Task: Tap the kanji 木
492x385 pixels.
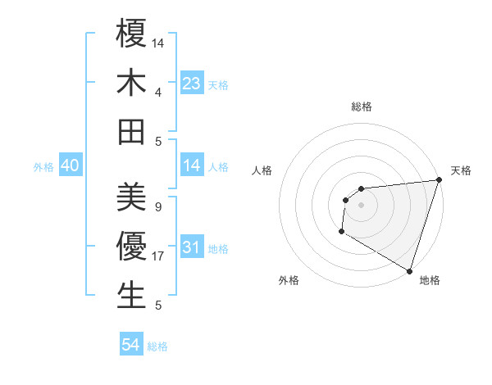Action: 132,84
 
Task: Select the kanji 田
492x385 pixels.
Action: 132,132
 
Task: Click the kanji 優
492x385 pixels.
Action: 132,247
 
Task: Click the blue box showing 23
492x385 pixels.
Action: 192,83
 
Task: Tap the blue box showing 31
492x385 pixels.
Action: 192,247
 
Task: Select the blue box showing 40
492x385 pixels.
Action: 70,165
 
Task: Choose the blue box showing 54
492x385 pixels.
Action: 131,345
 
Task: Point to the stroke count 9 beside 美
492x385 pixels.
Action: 157,207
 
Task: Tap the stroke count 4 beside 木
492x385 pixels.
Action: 157,92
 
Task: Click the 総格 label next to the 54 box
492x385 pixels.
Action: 157,346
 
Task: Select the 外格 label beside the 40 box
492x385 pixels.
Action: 43,167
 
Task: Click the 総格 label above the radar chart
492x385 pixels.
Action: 361,106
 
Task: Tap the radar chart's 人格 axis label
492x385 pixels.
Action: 262,170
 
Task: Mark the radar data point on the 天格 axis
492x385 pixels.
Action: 439,180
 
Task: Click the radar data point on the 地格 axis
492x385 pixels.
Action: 409,271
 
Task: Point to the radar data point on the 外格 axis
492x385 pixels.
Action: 341,232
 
